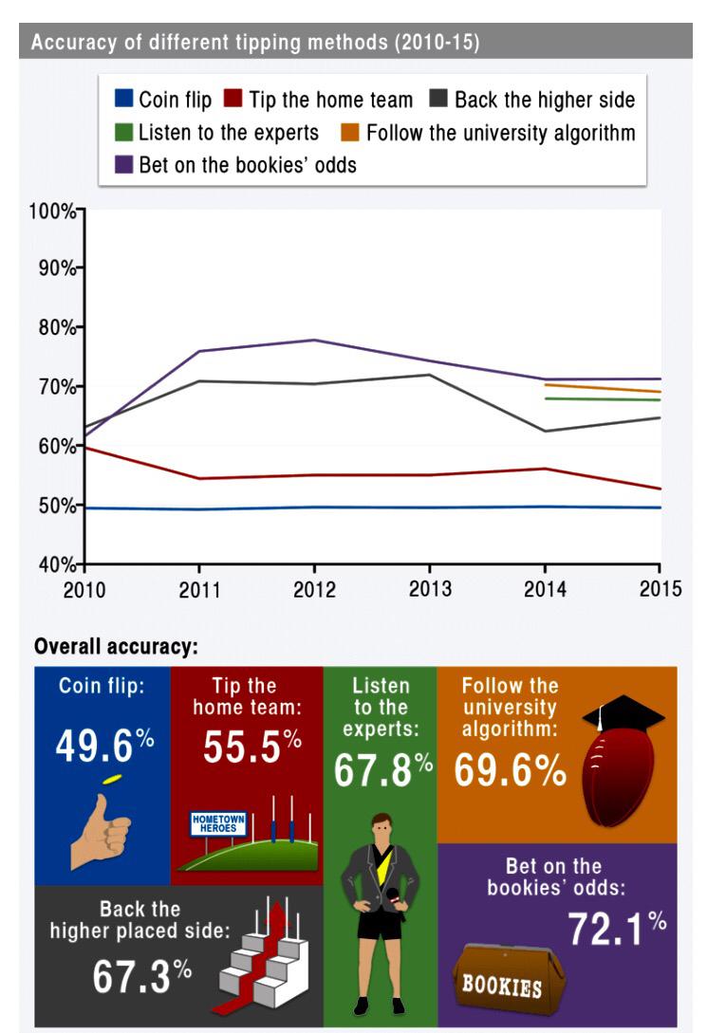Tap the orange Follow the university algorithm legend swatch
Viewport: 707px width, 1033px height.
click(x=351, y=131)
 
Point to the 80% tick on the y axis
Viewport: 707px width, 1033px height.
click(x=82, y=327)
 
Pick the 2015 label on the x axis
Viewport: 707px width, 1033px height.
click(x=660, y=589)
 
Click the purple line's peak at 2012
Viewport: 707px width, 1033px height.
click(x=314, y=340)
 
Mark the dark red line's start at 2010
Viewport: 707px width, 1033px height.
click(x=86, y=446)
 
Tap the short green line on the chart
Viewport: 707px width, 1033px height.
click(x=602, y=399)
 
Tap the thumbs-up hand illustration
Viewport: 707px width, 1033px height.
click(x=103, y=825)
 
